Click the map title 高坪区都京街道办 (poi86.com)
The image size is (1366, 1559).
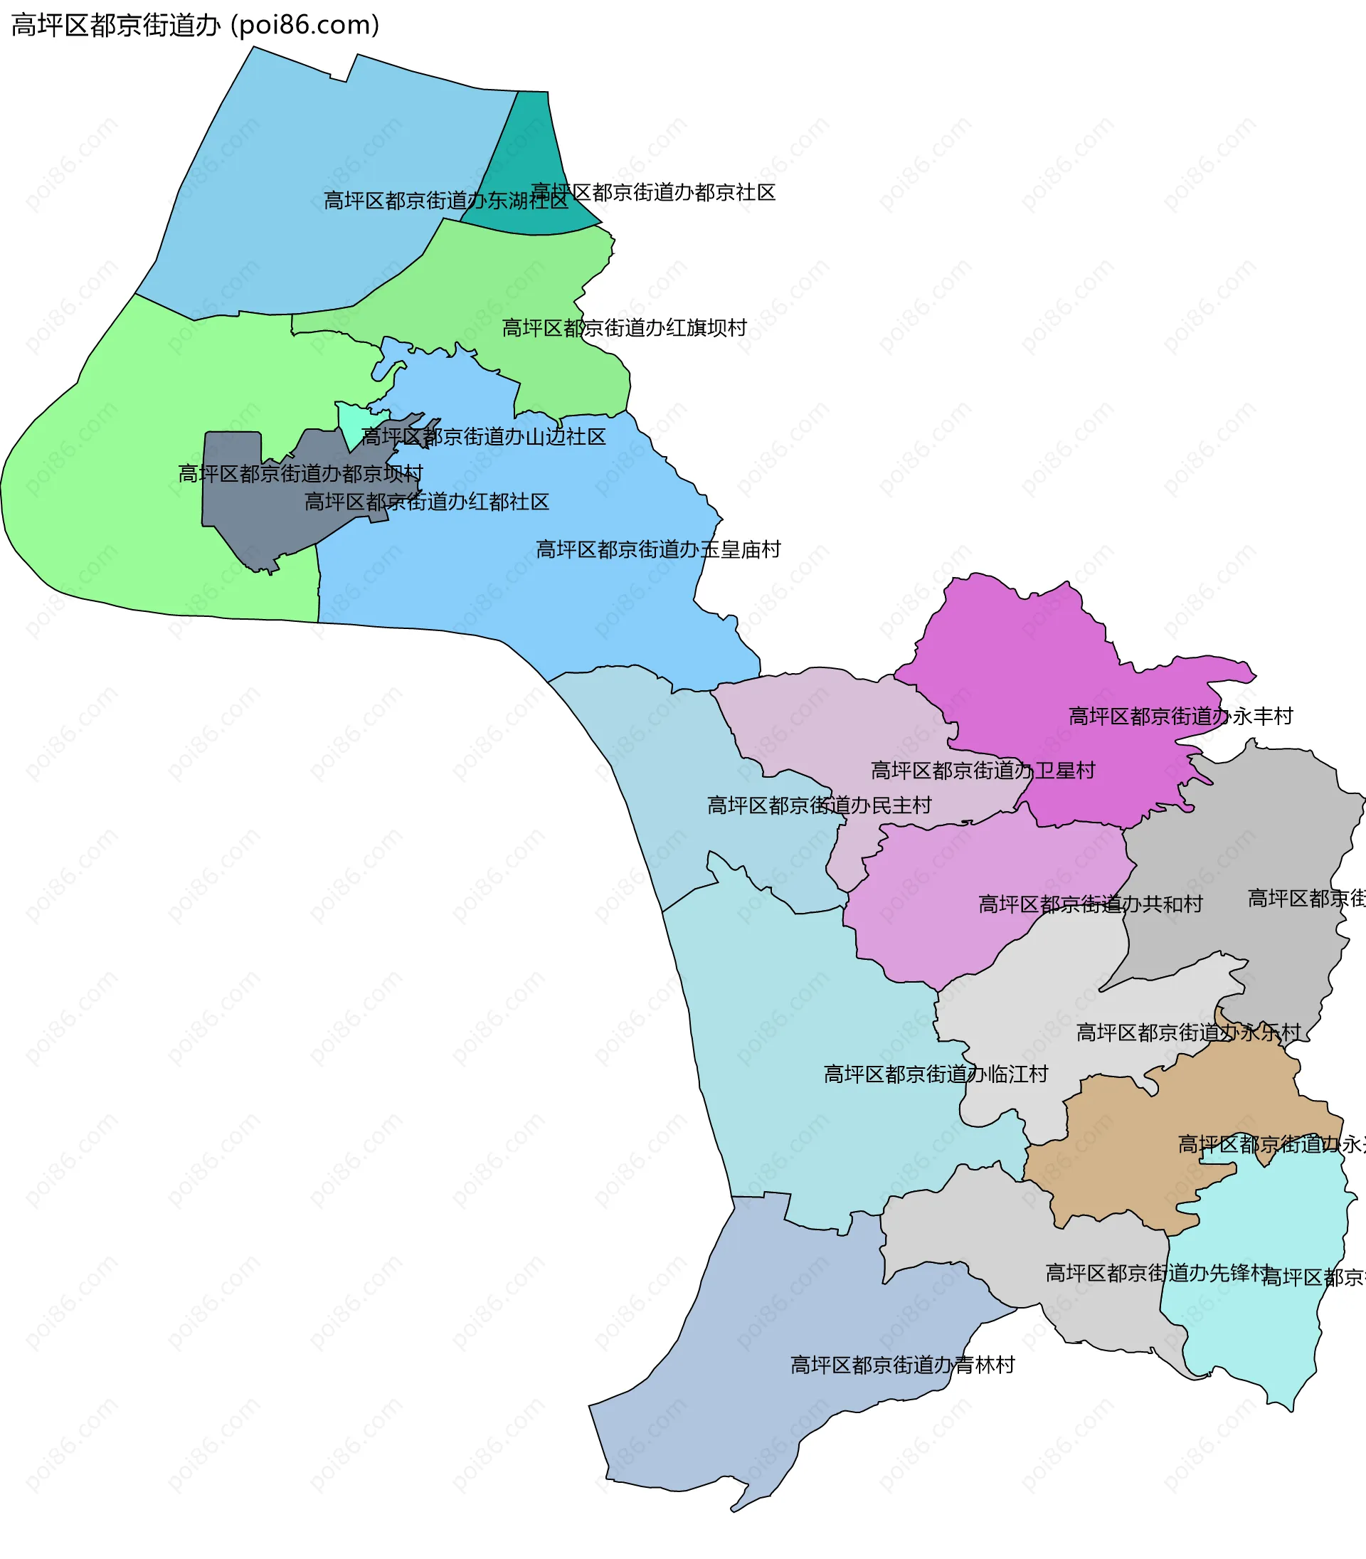point(195,25)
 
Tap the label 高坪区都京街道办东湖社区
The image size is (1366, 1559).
point(446,201)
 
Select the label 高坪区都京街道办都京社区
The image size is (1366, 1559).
point(653,192)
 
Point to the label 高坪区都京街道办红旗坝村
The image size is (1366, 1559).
point(625,328)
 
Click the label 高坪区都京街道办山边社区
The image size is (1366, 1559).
point(483,437)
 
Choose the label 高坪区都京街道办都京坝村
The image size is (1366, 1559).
point(300,473)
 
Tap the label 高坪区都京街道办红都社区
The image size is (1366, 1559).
point(427,502)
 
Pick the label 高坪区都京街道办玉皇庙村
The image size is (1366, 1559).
point(659,549)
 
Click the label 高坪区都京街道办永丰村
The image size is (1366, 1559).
point(1181,716)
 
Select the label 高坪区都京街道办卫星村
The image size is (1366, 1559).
point(983,770)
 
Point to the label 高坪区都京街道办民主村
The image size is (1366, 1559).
point(820,805)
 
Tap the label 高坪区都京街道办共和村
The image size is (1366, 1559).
point(1091,904)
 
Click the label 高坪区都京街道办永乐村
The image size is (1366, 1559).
point(1188,1032)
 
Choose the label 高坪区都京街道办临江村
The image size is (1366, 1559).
point(936,1074)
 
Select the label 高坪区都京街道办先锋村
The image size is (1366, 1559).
point(1158,1273)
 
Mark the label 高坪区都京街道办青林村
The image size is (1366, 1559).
point(903,1365)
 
